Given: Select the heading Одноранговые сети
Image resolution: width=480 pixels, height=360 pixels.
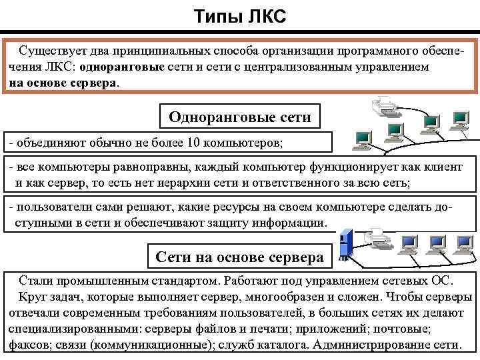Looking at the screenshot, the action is click(x=240, y=117).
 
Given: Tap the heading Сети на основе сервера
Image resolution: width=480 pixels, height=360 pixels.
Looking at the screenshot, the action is click(x=239, y=257).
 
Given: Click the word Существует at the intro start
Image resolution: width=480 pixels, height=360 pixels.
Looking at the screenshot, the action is click(x=49, y=51).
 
